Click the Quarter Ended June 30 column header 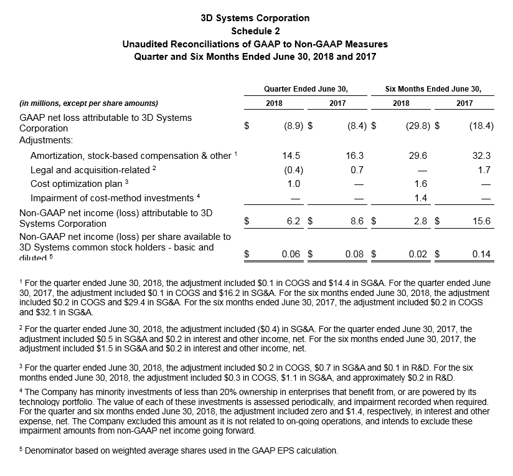click(x=306, y=88)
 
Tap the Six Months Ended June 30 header click(x=433, y=88)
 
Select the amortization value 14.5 click(x=291, y=156)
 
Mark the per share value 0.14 click(x=481, y=254)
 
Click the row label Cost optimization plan click(x=79, y=184)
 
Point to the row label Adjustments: click(x=47, y=141)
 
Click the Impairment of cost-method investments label click(x=115, y=198)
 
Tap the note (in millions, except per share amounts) click(x=89, y=103)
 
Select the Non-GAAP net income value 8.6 click(x=355, y=221)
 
